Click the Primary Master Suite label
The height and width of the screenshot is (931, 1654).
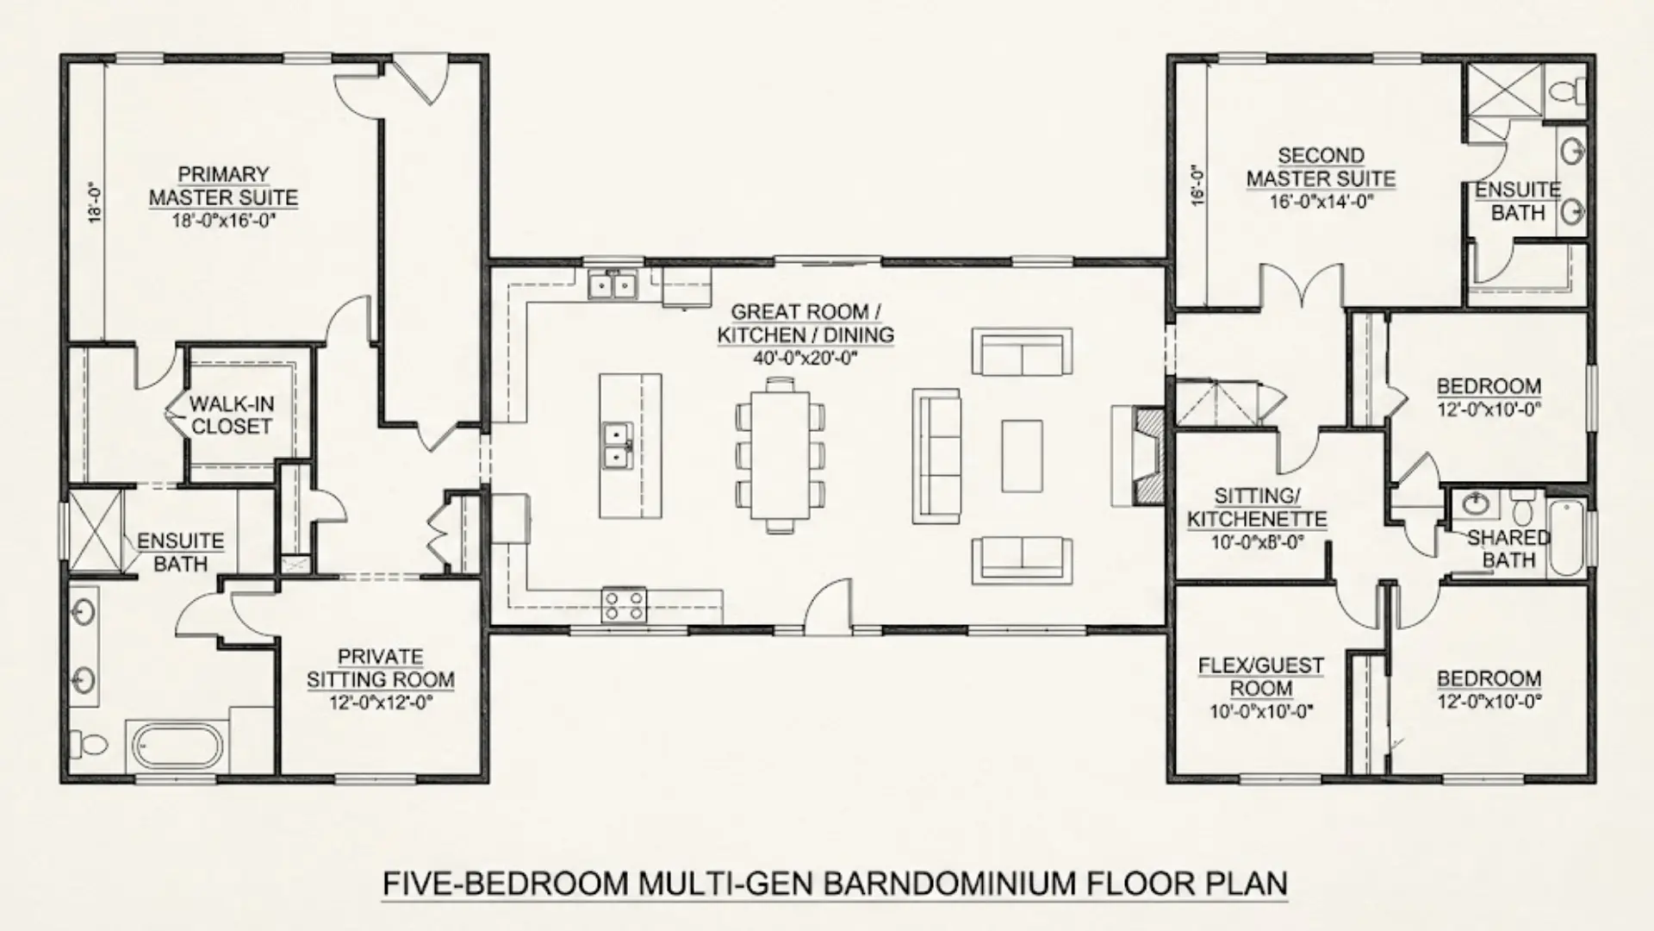point(223,185)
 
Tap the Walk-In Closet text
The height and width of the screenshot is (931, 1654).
point(231,415)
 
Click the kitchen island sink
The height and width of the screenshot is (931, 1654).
point(618,445)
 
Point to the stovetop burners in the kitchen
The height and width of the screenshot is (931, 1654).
point(624,603)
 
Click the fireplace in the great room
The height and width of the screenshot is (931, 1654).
point(1147,455)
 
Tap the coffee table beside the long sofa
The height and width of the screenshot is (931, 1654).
point(1022,455)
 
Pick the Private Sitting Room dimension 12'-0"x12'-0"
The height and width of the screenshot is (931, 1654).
point(380,703)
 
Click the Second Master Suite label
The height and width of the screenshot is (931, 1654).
point(1321,167)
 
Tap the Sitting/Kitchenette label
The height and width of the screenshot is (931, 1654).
point(1257,508)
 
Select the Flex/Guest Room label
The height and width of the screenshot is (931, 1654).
point(1261,677)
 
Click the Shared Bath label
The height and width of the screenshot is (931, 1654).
point(1508,548)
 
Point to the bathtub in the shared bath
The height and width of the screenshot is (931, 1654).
point(1567,538)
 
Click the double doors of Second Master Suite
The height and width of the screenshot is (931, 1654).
point(1302,289)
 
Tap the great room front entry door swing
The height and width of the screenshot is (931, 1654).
point(829,608)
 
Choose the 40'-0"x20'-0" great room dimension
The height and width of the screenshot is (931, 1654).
point(805,358)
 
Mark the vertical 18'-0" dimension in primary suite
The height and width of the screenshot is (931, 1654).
point(95,203)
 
